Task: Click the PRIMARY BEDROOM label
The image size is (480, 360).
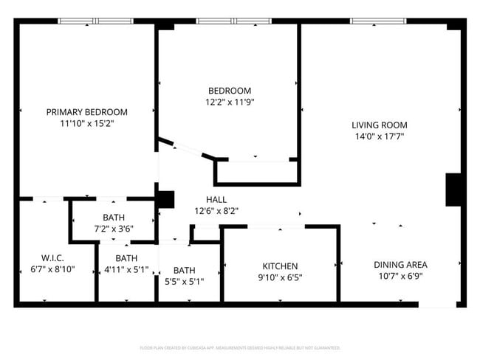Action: [x=86, y=112]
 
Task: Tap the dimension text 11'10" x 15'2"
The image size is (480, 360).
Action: [x=86, y=123]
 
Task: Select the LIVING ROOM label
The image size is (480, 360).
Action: [x=379, y=125]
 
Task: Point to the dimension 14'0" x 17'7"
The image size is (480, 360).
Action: [x=379, y=136]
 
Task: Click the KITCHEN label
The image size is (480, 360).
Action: [x=280, y=266]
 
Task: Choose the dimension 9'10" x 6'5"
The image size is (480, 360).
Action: [x=280, y=278]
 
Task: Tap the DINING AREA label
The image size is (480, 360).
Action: [x=400, y=265]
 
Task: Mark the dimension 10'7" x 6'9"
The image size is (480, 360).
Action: [x=400, y=277]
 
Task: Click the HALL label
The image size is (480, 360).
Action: [x=216, y=199]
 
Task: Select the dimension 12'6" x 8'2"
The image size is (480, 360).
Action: [x=216, y=211]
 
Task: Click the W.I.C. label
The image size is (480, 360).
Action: [x=52, y=258]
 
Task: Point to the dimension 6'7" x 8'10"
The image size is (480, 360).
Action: [x=52, y=270]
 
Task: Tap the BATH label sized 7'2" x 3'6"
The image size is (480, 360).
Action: [x=114, y=218]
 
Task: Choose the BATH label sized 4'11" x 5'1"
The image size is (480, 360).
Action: [x=126, y=258]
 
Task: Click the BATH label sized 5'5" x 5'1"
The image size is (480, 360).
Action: [x=185, y=270]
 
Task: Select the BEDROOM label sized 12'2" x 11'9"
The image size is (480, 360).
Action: [x=229, y=91]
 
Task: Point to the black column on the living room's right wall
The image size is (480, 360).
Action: [x=453, y=190]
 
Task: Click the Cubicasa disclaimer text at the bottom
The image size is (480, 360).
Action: [x=239, y=347]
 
